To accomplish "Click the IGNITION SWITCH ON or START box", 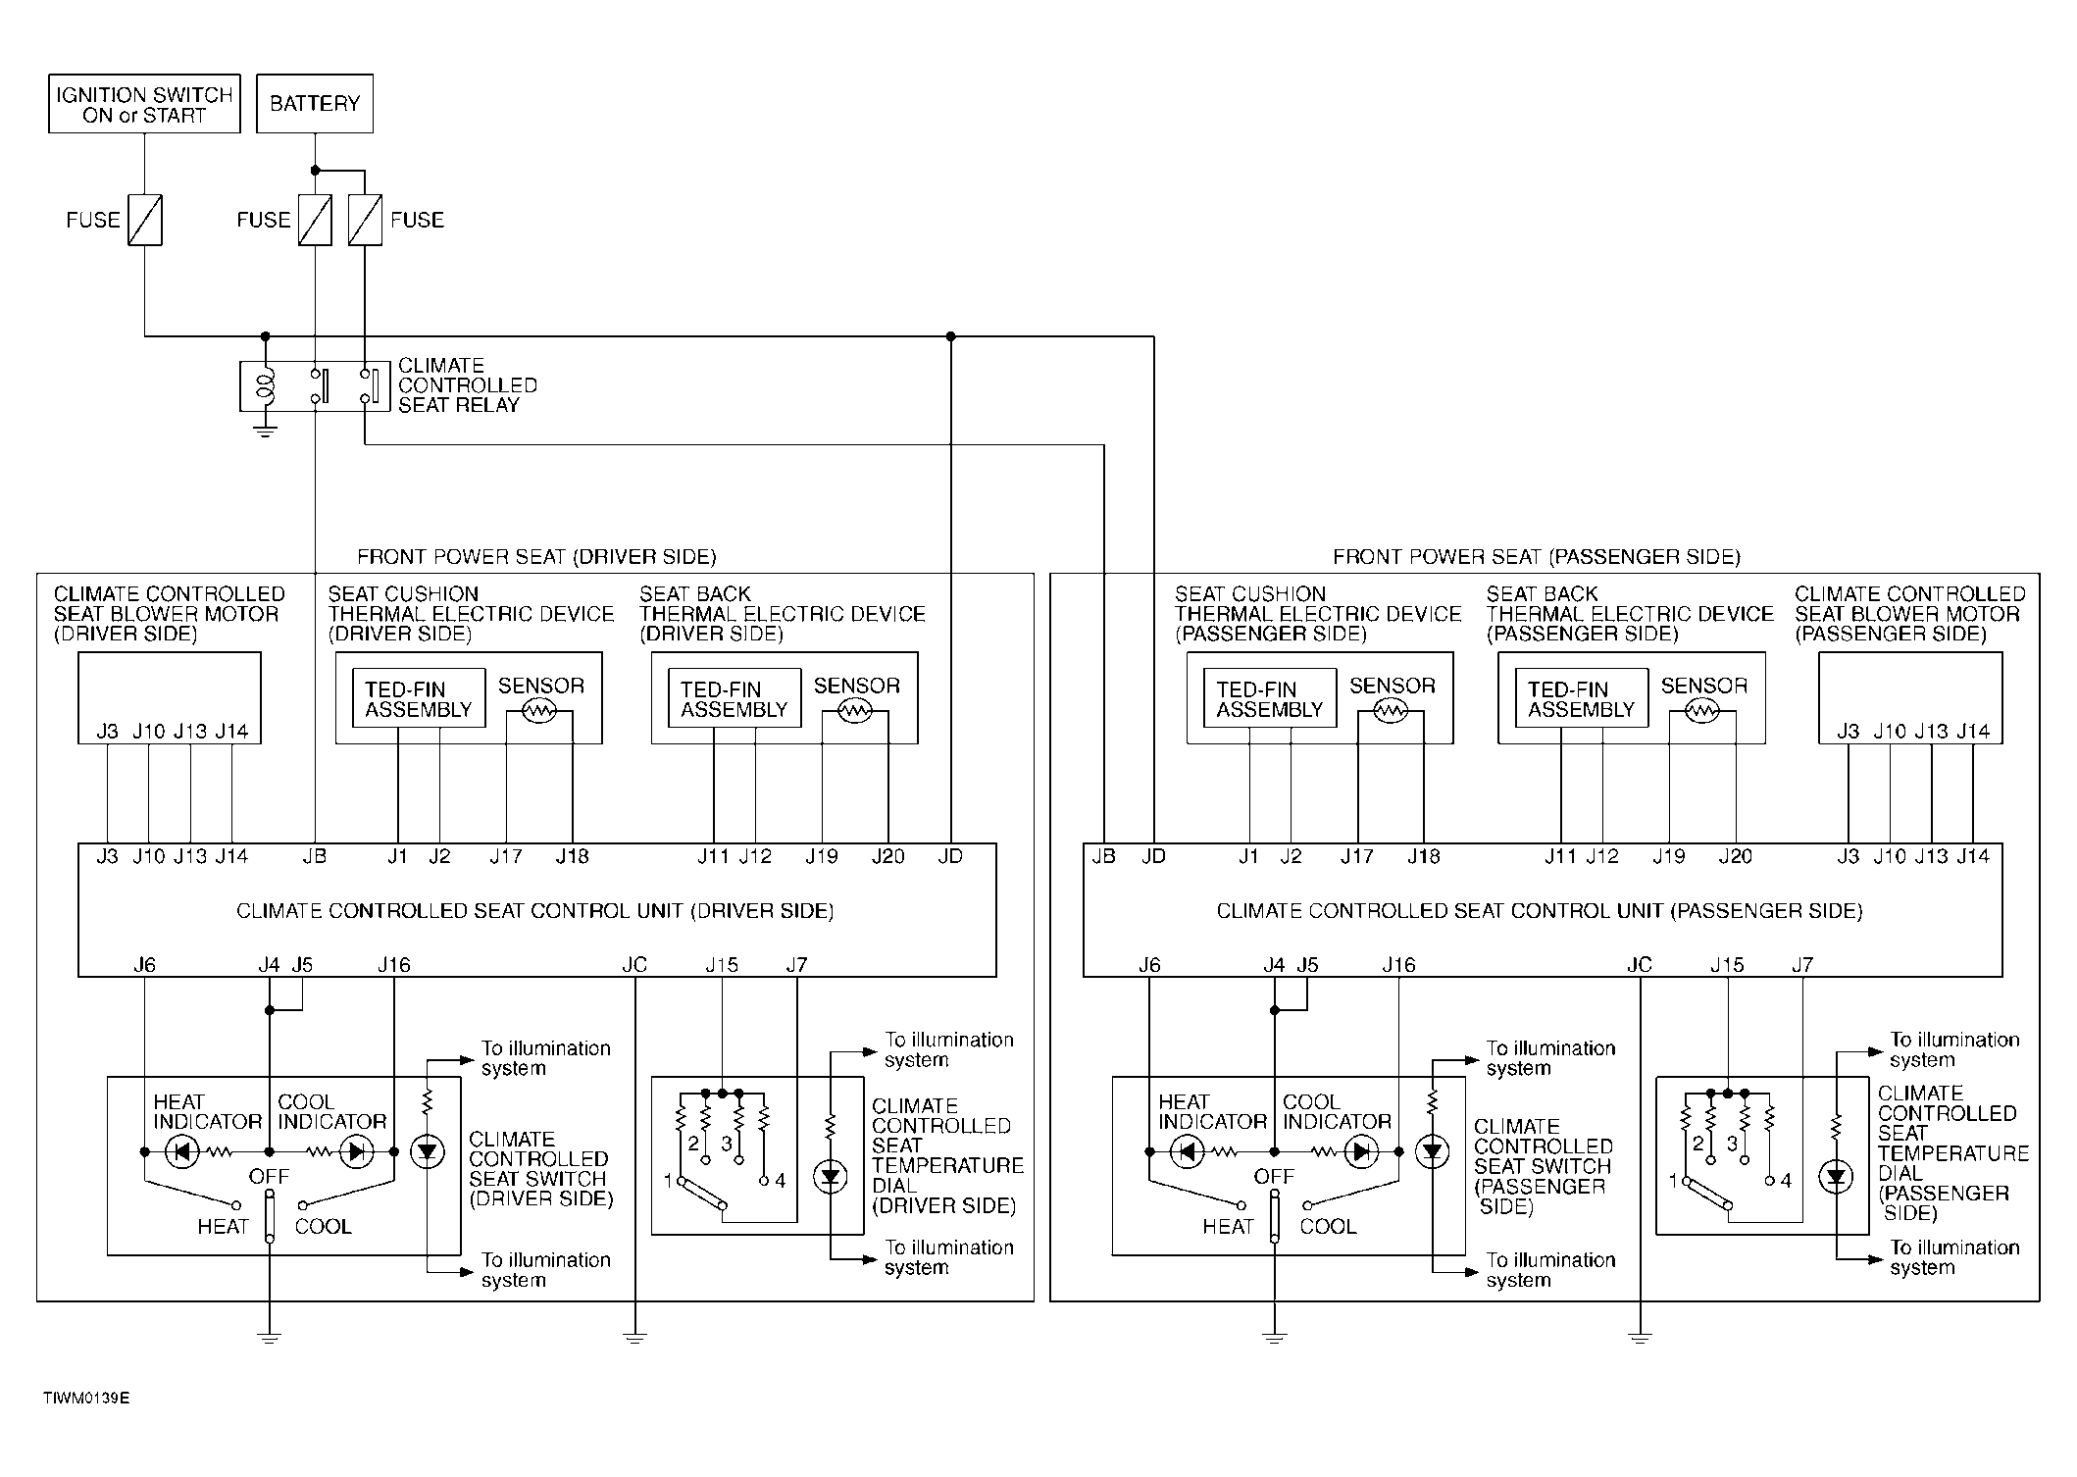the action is click(x=144, y=104).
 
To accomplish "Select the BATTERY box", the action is click(x=315, y=104).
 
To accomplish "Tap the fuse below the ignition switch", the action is click(x=145, y=221).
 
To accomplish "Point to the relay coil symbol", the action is click(x=265, y=386).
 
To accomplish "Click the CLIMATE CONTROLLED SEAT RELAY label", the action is click(x=468, y=385).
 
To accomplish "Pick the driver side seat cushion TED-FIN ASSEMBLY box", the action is click(x=419, y=699).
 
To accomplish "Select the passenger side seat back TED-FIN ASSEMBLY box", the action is click(x=1582, y=699).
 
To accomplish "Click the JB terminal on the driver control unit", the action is click(x=315, y=857).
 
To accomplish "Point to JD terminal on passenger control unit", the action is click(x=1154, y=857).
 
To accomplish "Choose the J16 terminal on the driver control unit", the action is click(x=394, y=965).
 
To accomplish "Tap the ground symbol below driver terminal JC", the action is click(x=635, y=1337).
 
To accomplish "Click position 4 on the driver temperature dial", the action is click(x=781, y=1181).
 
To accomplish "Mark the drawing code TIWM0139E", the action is click(x=86, y=1398).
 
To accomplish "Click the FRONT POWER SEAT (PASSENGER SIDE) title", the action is click(x=1537, y=557).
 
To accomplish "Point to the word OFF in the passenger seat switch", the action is click(x=1274, y=1176).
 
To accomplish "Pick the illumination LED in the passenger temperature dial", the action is click(x=1836, y=1177).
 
